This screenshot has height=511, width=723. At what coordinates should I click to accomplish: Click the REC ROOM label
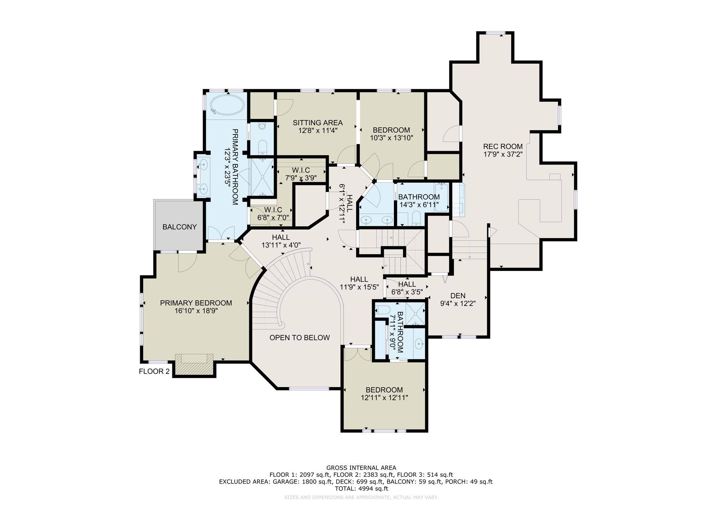click(503, 146)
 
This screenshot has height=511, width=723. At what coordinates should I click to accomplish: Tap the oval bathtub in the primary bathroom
click(227, 105)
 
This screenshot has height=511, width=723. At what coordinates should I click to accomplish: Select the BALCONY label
click(179, 227)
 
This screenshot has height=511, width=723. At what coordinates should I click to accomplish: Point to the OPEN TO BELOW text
click(299, 338)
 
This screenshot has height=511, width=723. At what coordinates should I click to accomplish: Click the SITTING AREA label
click(318, 123)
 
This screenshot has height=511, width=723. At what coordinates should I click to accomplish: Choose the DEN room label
click(458, 296)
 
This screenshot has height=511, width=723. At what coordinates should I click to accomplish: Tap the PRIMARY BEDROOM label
click(196, 303)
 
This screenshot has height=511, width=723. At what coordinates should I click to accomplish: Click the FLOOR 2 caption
click(154, 371)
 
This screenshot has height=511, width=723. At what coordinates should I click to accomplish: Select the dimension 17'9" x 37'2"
click(503, 154)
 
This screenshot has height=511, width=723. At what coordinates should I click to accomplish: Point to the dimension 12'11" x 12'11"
click(384, 398)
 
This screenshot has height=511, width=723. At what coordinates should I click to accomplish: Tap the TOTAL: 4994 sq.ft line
click(361, 489)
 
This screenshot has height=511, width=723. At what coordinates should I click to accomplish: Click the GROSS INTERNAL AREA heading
click(361, 468)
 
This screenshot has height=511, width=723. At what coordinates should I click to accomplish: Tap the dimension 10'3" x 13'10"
click(392, 138)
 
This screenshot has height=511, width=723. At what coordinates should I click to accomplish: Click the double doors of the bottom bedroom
click(358, 354)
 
